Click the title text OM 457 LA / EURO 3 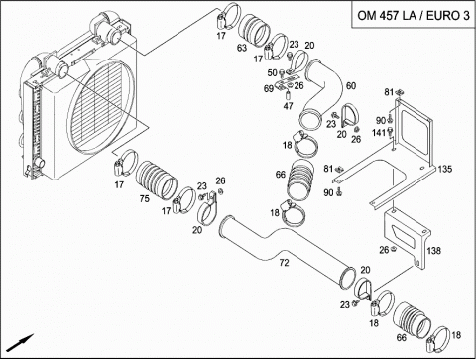click(x=414, y=15)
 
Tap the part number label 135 click(x=444, y=169)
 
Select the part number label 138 click(x=433, y=251)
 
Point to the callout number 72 click(x=284, y=263)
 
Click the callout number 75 click(x=144, y=198)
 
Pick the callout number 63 click(x=242, y=48)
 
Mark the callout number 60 click(x=351, y=86)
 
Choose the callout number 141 click(x=379, y=133)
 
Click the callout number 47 click(x=288, y=106)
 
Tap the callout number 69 click(x=269, y=88)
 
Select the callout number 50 click(x=272, y=72)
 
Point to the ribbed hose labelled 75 click(x=156, y=180)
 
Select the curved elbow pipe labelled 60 click(x=321, y=94)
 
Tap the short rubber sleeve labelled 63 click(x=254, y=31)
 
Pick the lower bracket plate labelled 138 click(x=408, y=239)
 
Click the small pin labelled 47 click(x=288, y=96)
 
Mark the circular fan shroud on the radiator click(x=101, y=106)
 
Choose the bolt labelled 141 click(x=391, y=132)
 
